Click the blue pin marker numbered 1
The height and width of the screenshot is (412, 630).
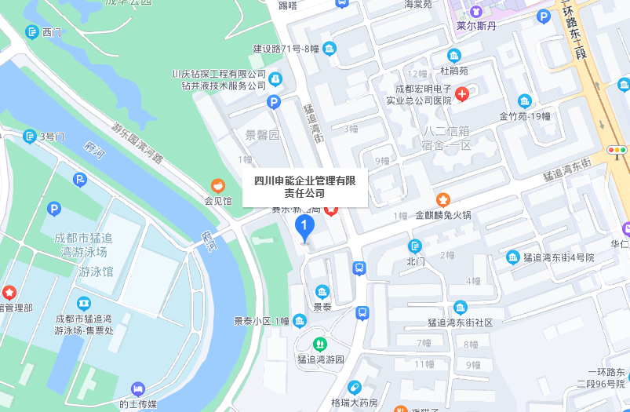tap(304, 227)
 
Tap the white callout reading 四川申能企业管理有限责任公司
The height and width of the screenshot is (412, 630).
tap(305, 187)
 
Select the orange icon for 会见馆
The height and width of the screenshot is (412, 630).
tap(218, 186)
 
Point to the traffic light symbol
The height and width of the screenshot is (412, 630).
tap(617, 149)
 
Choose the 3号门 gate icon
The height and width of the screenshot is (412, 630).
tap(30, 137)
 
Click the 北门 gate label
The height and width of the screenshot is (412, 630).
tap(416, 261)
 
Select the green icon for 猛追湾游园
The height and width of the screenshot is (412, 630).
tap(319, 344)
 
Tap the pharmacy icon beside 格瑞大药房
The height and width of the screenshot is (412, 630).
tap(355, 388)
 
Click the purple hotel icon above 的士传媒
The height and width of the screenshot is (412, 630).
tap(138, 389)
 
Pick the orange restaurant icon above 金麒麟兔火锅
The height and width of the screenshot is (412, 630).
tap(443, 199)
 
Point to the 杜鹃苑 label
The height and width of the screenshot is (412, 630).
tap(453, 71)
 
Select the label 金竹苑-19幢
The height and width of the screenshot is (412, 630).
tap(525, 115)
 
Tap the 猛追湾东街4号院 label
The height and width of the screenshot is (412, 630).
tap(559, 257)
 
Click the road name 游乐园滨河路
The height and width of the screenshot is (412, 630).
tap(137, 142)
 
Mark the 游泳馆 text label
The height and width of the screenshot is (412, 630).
tap(96, 272)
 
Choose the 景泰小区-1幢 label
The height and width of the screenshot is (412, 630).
tap(261, 320)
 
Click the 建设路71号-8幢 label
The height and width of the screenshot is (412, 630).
tap(286, 49)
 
